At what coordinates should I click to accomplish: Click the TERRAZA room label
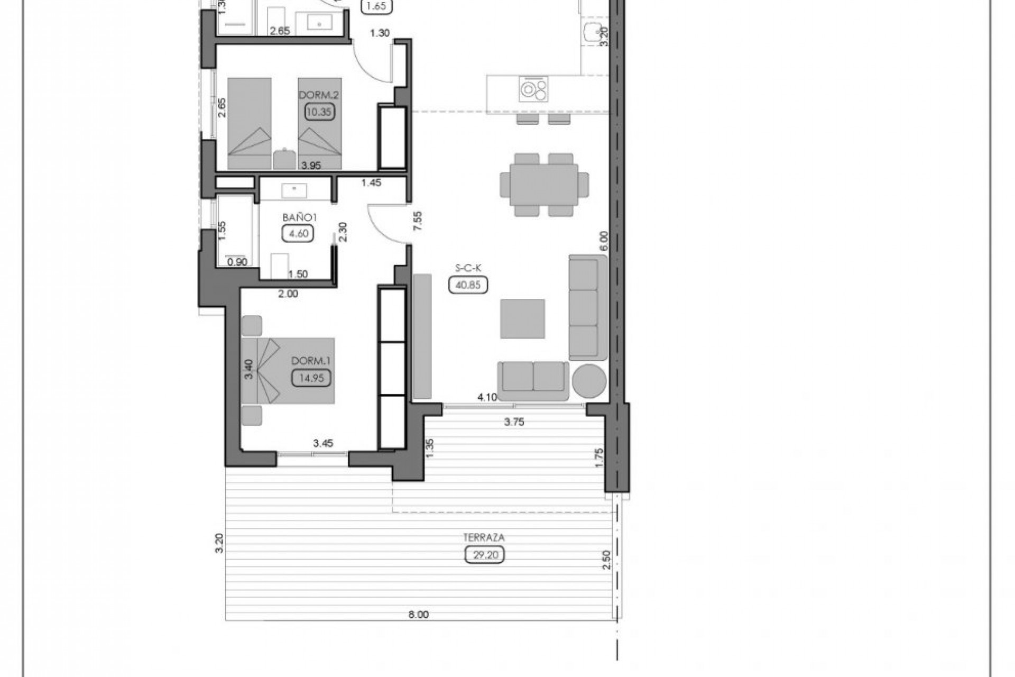pos(484,537)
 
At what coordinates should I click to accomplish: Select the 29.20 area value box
pos(484,555)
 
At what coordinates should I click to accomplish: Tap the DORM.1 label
pos(311,361)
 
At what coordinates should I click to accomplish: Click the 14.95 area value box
pos(311,378)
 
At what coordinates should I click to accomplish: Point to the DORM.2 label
pos(318,95)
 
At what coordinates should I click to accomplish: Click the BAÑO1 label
pos(299,217)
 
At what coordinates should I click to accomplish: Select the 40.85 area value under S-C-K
pos(468,285)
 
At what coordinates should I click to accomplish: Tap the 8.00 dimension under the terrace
pos(418,615)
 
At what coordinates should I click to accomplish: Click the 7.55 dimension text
pos(418,220)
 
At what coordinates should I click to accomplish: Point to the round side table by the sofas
pos(589,380)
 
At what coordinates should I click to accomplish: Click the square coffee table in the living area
pos(523,318)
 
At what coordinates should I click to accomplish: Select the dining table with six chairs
pos(544,185)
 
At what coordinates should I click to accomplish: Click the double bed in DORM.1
pos(288,371)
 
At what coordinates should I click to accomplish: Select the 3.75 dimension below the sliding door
pos(514,422)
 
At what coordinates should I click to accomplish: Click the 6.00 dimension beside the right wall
pos(604,241)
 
